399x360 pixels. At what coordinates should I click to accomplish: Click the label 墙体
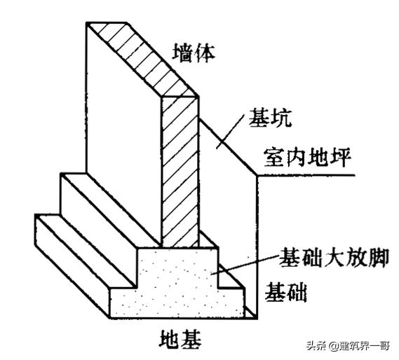click(194, 53)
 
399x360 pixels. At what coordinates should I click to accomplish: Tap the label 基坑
click(270, 118)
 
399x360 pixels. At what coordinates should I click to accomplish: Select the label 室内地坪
click(307, 157)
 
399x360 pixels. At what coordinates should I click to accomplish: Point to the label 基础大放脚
click(334, 257)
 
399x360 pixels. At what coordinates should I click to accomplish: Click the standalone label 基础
click(285, 292)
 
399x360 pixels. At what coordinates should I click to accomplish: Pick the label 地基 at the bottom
click(180, 340)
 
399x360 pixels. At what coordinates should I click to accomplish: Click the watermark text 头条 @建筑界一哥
click(348, 345)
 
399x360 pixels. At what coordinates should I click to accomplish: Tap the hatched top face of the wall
click(142, 60)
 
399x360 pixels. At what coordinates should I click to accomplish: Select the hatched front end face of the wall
click(180, 172)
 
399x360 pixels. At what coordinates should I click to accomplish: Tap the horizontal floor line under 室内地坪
click(305, 175)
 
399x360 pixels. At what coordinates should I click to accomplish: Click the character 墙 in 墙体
click(182, 53)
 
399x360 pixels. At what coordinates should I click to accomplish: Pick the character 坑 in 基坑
click(281, 118)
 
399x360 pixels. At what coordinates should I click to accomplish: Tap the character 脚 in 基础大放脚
click(379, 257)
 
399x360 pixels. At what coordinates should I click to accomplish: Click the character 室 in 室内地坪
click(274, 157)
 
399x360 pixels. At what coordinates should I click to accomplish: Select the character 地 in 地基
click(170, 340)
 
